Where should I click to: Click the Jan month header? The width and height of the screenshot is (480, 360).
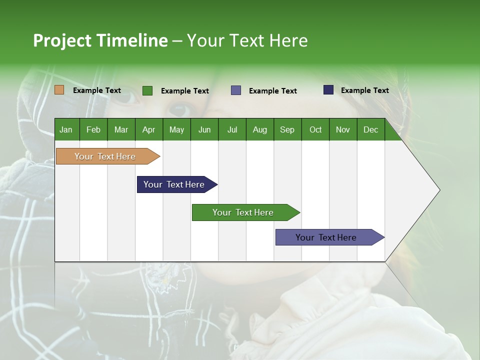(x=66, y=129)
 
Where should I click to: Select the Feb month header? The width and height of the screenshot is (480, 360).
(x=93, y=129)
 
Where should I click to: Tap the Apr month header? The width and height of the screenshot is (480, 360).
(x=148, y=129)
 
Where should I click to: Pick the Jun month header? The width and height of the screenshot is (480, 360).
(x=204, y=129)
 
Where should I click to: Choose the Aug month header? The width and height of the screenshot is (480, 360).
(x=259, y=129)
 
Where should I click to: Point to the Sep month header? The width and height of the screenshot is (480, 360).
(x=287, y=129)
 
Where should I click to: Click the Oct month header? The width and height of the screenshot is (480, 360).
(x=315, y=129)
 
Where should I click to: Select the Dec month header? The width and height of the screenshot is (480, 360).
(x=370, y=129)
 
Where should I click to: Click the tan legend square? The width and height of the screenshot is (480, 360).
(x=59, y=90)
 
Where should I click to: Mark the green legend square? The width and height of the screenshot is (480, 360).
(x=147, y=90)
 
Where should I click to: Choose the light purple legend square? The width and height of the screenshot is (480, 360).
(x=236, y=90)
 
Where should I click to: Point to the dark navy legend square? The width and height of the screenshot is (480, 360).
(x=328, y=90)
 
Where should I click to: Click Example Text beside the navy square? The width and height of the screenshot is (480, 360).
(x=364, y=90)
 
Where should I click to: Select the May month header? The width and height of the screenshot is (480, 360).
(x=176, y=129)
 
